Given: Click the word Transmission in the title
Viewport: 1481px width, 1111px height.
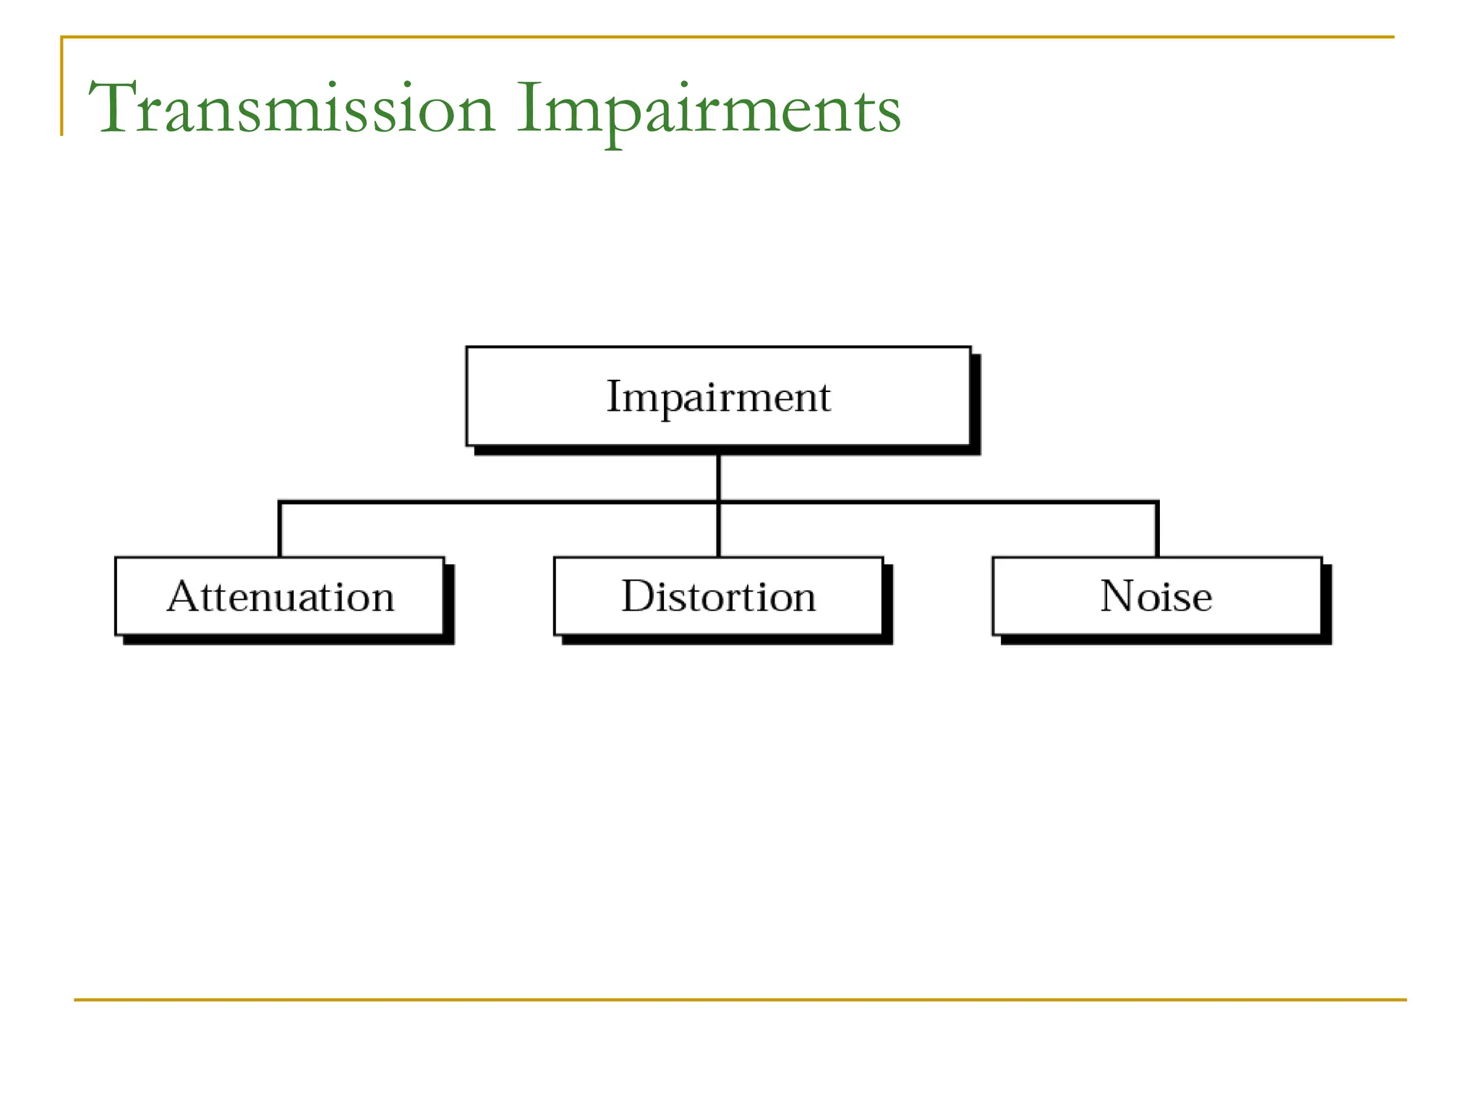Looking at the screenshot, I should point(292,108).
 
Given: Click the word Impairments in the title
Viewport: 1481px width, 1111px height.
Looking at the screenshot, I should point(709,108).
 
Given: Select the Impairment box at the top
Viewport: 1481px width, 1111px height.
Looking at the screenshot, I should point(718,396).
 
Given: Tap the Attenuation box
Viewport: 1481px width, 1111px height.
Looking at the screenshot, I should point(280,596).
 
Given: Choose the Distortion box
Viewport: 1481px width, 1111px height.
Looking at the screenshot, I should point(718,596).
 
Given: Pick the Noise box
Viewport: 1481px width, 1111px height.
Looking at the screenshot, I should point(1156,596).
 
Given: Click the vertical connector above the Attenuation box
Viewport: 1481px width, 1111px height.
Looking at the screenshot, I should point(280,530).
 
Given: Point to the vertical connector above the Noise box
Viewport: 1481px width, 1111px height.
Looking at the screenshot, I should point(1157,530).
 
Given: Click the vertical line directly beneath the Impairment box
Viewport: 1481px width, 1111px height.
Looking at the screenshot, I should point(718,477).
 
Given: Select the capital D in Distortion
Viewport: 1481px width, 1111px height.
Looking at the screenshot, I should point(638,596).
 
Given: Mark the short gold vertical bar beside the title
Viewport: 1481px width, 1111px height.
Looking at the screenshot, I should point(62,87).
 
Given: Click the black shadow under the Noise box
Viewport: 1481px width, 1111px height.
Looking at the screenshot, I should point(1164,639).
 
